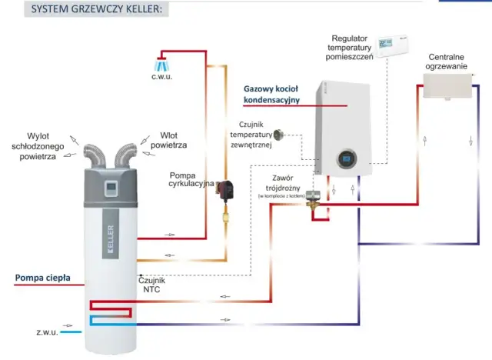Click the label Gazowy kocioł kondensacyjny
(x=271, y=94)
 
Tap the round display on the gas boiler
(x=345, y=161)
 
